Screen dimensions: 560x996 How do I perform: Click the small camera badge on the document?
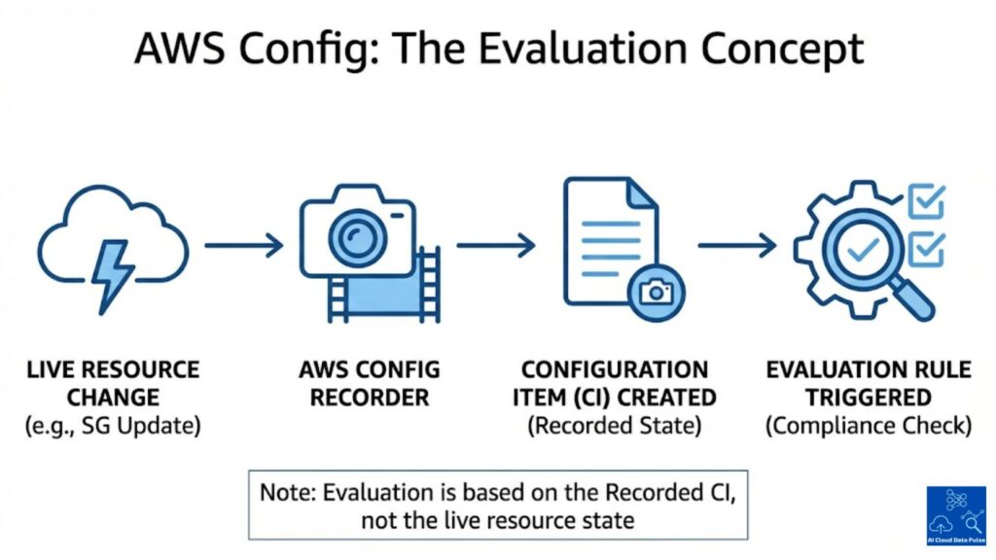657,291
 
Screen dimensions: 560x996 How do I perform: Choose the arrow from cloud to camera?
243,245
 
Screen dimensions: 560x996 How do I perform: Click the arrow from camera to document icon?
496,245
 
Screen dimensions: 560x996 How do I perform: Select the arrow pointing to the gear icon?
737,245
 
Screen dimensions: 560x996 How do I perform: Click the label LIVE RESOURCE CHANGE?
113,383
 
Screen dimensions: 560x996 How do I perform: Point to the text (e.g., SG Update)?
113,426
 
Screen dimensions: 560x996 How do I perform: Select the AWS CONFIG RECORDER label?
370,383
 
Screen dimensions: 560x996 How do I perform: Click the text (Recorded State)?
614,426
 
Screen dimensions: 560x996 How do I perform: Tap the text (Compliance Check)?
868,426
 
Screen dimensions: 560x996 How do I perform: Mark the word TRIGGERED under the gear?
868,398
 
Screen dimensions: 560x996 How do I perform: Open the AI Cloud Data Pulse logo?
955,514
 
